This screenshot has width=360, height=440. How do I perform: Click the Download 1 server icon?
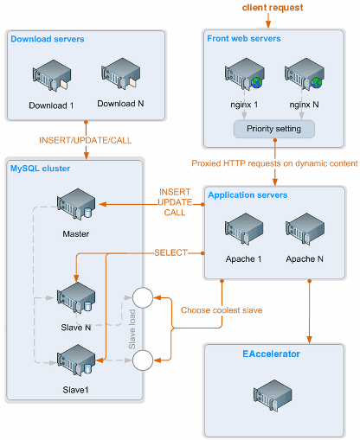click(52, 75)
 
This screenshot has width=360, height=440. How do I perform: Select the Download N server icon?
click(120, 73)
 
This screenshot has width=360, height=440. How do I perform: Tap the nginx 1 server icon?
click(245, 73)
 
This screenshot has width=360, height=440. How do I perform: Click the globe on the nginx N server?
click(317, 83)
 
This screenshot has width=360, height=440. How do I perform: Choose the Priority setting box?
click(273, 129)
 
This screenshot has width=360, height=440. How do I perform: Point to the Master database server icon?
click(76, 204)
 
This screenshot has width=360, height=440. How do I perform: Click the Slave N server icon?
click(76, 298)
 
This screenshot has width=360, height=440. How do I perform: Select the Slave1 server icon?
click(76, 360)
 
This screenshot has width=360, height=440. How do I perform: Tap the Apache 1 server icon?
click(244, 229)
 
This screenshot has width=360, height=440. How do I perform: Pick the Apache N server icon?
click(305, 229)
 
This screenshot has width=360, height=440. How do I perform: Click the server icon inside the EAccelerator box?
click(273, 395)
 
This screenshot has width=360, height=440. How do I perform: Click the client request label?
click(273, 8)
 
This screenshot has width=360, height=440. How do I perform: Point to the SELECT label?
click(170, 252)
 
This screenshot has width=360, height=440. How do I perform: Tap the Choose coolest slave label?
click(222, 310)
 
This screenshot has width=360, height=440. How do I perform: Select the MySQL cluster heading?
click(40, 169)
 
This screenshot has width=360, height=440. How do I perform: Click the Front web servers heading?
click(244, 39)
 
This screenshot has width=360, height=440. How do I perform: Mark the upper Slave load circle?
click(143, 297)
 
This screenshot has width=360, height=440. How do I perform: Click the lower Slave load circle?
click(143, 360)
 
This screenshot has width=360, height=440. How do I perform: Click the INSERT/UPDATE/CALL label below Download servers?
click(86, 140)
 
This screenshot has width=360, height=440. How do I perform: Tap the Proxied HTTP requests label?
click(274, 163)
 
